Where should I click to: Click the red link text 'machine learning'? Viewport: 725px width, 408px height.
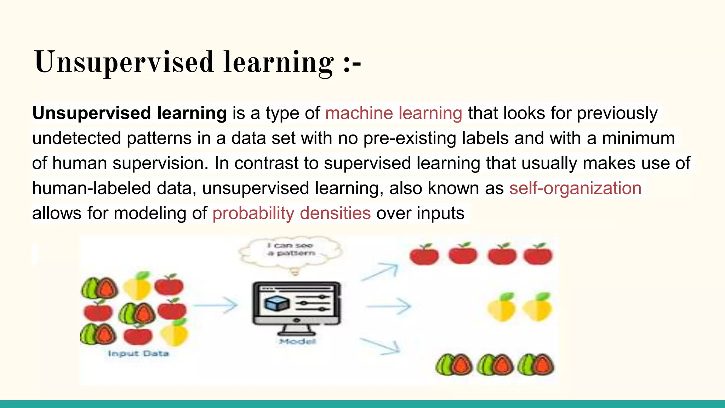coord(393,114)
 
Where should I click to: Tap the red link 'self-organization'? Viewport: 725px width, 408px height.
coord(575,188)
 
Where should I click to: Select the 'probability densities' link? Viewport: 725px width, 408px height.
coord(291,214)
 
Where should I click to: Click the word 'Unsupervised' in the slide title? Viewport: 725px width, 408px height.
coord(124,62)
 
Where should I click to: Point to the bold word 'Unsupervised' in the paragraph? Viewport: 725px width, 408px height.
coord(92,113)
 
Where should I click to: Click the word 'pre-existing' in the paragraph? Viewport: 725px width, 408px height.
coord(410,138)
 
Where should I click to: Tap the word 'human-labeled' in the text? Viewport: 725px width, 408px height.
coord(91,188)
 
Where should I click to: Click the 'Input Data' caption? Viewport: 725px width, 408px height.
coord(138,353)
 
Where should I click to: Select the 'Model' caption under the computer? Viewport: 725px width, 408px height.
coord(297,341)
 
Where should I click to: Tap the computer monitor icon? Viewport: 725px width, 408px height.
coord(297,305)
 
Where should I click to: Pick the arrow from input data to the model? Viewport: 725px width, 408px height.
coord(215,305)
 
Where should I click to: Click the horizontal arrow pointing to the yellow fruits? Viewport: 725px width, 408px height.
coord(388,306)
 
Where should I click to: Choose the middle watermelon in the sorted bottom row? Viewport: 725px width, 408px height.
coord(495,365)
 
